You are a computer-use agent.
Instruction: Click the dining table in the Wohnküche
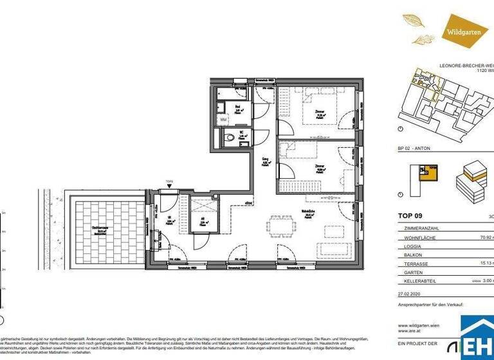point(281,226)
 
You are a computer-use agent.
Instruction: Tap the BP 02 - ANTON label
point(414,148)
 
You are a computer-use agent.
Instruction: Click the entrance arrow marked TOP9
point(169,184)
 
